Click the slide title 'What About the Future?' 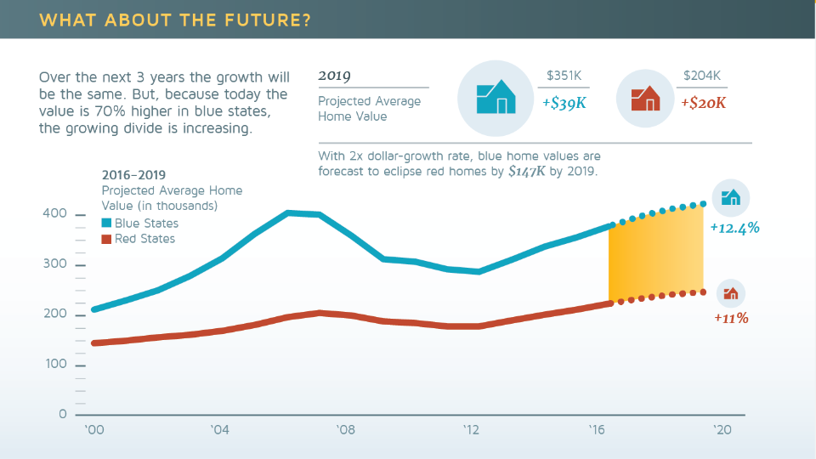[x=175, y=20]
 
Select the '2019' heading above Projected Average [x=334, y=76]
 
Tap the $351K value [x=564, y=76]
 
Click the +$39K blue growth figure [x=564, y=103]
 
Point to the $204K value [x=701, y=76]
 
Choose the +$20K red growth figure [x=703, y=103]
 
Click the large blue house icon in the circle [x=496, y=98]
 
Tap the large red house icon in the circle [x=645, y=99]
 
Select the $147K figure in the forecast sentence [x=527, y=171]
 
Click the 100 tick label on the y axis [x=54, y=365]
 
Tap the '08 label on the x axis [x=345, y=431]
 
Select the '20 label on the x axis [x=722, y=431]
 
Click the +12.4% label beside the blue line [x=734, y=228]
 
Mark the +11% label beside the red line [x=731, y=318]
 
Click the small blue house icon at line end [x=730, y=198]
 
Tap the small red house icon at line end [x=730, y=294]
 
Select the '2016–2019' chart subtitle [x=133, y=176]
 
